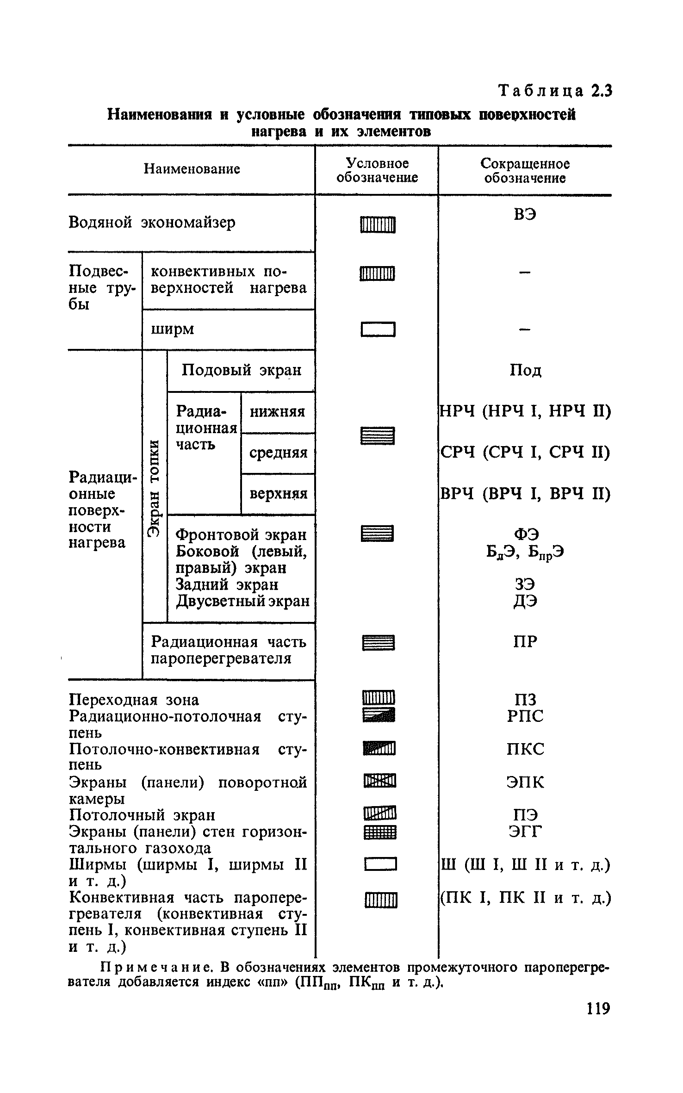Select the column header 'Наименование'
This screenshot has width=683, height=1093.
[192, 169]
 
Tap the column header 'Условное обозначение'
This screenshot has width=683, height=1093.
[377, 170]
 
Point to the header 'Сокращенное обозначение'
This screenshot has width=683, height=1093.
[525, 170]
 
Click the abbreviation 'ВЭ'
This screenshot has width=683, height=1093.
[525, 215]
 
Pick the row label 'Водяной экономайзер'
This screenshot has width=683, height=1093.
[152, 223]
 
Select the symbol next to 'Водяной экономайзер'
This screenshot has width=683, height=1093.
[378, 225]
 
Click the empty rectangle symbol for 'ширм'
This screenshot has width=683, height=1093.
[378, 330]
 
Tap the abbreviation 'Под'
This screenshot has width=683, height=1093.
[525, 370]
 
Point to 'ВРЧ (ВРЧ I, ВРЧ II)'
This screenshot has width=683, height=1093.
[525, 494]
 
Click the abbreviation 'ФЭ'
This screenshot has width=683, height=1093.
[525, 534]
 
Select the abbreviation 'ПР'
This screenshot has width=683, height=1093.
[525, 641]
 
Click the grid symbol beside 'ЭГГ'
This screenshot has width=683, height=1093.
[380, 833]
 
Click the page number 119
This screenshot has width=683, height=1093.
[598, 1020]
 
